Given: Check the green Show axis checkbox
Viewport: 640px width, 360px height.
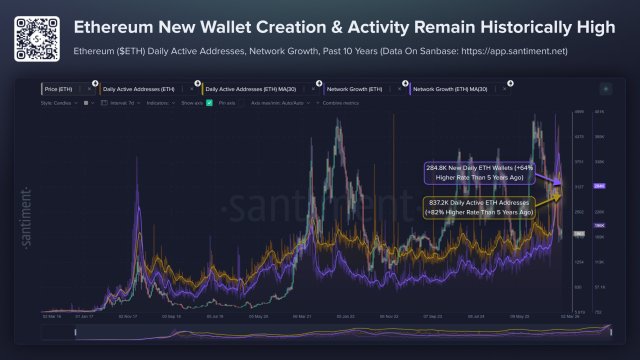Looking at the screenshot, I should click(x=209, y=103).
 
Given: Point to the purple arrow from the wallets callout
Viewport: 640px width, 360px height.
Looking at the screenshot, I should click(x=549, y=181).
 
